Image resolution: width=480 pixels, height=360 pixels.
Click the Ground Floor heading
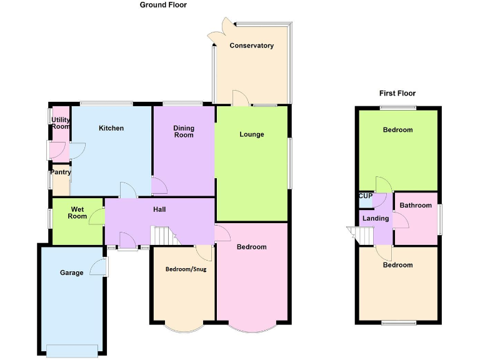point(162,5)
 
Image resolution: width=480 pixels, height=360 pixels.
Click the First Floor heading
point(397,93)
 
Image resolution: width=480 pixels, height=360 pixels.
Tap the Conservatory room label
point(251,46)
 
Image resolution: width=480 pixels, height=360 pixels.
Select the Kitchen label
point(111,128)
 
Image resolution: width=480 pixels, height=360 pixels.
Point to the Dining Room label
point(184,131)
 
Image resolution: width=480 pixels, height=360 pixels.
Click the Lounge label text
point(252,134)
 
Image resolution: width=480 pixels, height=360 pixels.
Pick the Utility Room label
point(61,123)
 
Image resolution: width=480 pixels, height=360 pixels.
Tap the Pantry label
point(61,172)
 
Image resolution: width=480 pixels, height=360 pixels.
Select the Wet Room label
point(78,212)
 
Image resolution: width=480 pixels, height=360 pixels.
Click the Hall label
point(159,209)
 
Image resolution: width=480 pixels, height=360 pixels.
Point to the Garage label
point(71,272)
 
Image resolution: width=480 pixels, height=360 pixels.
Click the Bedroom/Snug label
point(181,269)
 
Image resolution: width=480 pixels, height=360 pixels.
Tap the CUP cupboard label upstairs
point(365,196)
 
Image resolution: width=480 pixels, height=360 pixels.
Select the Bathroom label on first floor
point(416,205)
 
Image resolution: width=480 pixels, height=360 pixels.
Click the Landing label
point(375,218)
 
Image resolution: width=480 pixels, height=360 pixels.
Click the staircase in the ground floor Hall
point(161,236)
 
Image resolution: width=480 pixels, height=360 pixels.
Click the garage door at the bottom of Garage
point(72,350)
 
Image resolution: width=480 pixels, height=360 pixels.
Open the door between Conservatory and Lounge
point(240,99)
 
